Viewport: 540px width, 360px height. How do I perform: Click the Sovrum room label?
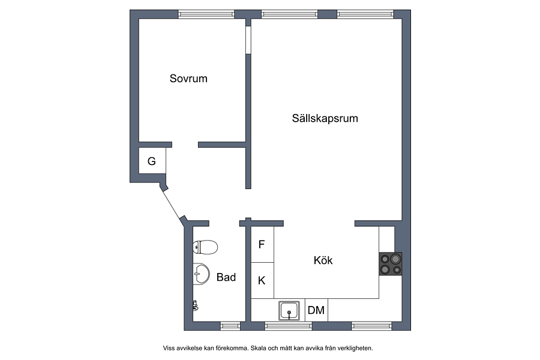pyautogui.click(x=188, y=79)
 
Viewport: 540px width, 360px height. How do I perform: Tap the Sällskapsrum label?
pyautogui.click(x=325, y=119)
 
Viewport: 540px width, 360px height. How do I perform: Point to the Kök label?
pyautogui.click(x=323, y=260)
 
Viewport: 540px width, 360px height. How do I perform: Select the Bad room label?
pyautogui.click(x=226, y=277)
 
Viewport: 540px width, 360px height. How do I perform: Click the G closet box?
pyautogui.click(x=152, y=161)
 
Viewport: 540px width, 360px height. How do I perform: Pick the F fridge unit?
pyautogui.click(x=262, y=244)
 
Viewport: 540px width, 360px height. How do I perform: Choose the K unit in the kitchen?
pyautogui.click(x=262, y=280)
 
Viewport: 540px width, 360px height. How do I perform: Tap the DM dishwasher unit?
pyautogui.click(x=316, y=310)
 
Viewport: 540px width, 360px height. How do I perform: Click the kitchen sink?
pyautogui.click(x=289, y=311)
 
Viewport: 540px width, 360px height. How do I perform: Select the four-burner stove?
pyautogui.click(x=391, y=264)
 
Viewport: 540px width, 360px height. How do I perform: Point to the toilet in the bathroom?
pyautogui.click(x=205, y=247)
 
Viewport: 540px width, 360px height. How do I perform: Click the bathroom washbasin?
pyautogui.click(x=201, y=274)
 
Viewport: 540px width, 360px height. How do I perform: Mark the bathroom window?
pyautogui.click(x=230, y=326)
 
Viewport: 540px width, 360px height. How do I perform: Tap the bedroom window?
pyautogui.click(x=206, y=14)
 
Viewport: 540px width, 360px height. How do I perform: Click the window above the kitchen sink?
pyautogui.click(x=289, y=326)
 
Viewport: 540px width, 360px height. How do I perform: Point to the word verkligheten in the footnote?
pyautogui.click(x=355, y=348)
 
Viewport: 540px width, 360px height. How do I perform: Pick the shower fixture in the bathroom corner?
pyautogui.click(x=195, y=305)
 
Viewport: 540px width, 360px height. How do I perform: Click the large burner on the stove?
pyautogui.click(x=396, y=258)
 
